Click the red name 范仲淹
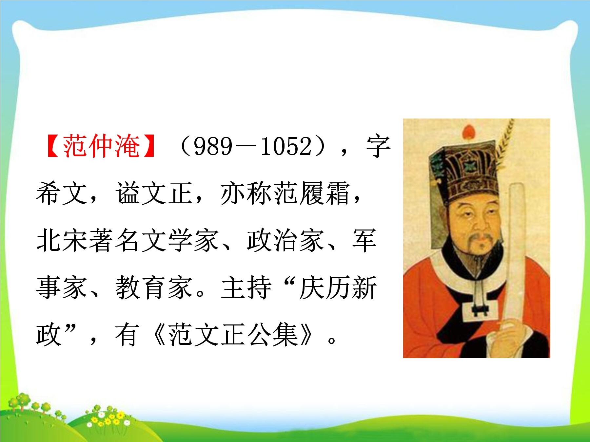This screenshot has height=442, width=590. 101,146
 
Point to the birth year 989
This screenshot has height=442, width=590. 213,146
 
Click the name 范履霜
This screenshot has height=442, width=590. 312,193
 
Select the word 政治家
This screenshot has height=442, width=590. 285,241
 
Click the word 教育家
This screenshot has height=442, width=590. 154,288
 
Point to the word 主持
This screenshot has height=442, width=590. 246,288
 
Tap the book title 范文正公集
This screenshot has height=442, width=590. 233,335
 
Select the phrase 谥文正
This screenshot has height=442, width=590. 154,193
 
